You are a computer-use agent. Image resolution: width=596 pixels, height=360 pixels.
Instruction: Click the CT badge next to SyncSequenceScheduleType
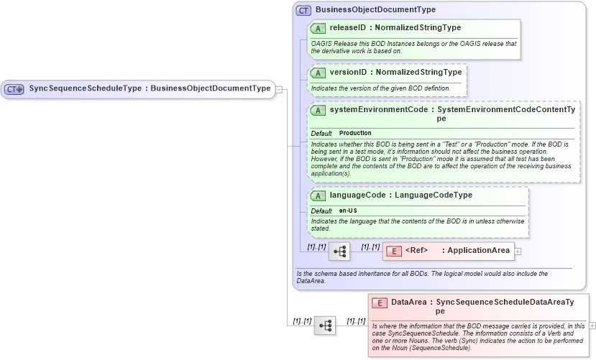(x=14, y=89)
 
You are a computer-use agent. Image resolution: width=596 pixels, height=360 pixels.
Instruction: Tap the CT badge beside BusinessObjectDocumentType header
(x=304, y=11)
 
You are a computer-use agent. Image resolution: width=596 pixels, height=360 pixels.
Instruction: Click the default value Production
(x=355, y=133)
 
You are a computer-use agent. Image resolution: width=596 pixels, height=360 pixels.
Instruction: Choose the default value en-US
(x=348, y=211)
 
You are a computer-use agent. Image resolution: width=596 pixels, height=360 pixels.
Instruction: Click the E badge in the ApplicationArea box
(x=393, y=251)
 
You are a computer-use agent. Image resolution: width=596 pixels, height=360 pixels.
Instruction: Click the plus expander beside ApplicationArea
(x=518, y=251)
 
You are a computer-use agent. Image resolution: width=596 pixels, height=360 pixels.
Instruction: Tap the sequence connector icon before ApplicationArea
(x=339, y=251)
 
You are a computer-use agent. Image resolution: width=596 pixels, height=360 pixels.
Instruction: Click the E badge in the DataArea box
(x=379, y=303)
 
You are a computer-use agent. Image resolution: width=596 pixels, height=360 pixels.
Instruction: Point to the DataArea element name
(x=411, y=303)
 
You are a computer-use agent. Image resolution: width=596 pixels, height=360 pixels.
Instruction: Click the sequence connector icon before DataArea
(x=325, y=326)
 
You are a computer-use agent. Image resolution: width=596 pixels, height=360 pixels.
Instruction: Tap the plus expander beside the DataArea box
(x=592, y=326)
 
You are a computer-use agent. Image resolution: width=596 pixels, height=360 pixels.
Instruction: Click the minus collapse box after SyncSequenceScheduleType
(x=278, y=90)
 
